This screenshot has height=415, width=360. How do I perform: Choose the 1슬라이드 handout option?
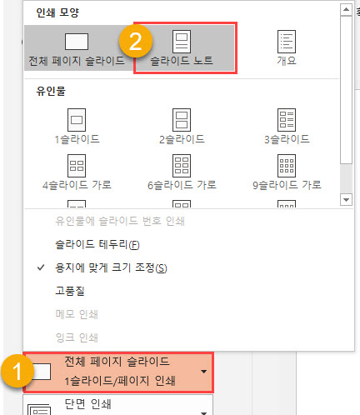(77, 127)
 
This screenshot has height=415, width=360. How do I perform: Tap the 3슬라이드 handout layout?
(287, 127)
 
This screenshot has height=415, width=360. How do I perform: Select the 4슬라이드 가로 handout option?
(77, 172)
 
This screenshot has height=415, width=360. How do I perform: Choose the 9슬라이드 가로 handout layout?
(287, 172)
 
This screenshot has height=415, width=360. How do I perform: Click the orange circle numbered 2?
(136, 41)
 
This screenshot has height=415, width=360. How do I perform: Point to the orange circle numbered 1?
(17, 371)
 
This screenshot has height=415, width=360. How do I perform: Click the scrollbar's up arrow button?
(346, 10)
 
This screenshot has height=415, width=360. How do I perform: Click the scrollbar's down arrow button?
(346, 199)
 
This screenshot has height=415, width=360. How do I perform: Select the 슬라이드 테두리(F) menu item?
(97, 244)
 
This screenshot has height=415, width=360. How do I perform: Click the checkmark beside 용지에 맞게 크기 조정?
(41, 267)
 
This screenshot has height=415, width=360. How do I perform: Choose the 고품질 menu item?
(70, 291)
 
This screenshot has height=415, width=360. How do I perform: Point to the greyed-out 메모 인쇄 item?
(77, 314)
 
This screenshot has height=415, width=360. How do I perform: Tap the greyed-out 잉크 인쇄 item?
(77, 337)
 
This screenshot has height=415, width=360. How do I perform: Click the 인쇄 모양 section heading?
(57, 12)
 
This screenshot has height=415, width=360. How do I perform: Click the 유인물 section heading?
(51, 91)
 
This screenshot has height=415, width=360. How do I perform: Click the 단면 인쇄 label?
(87, 404)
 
